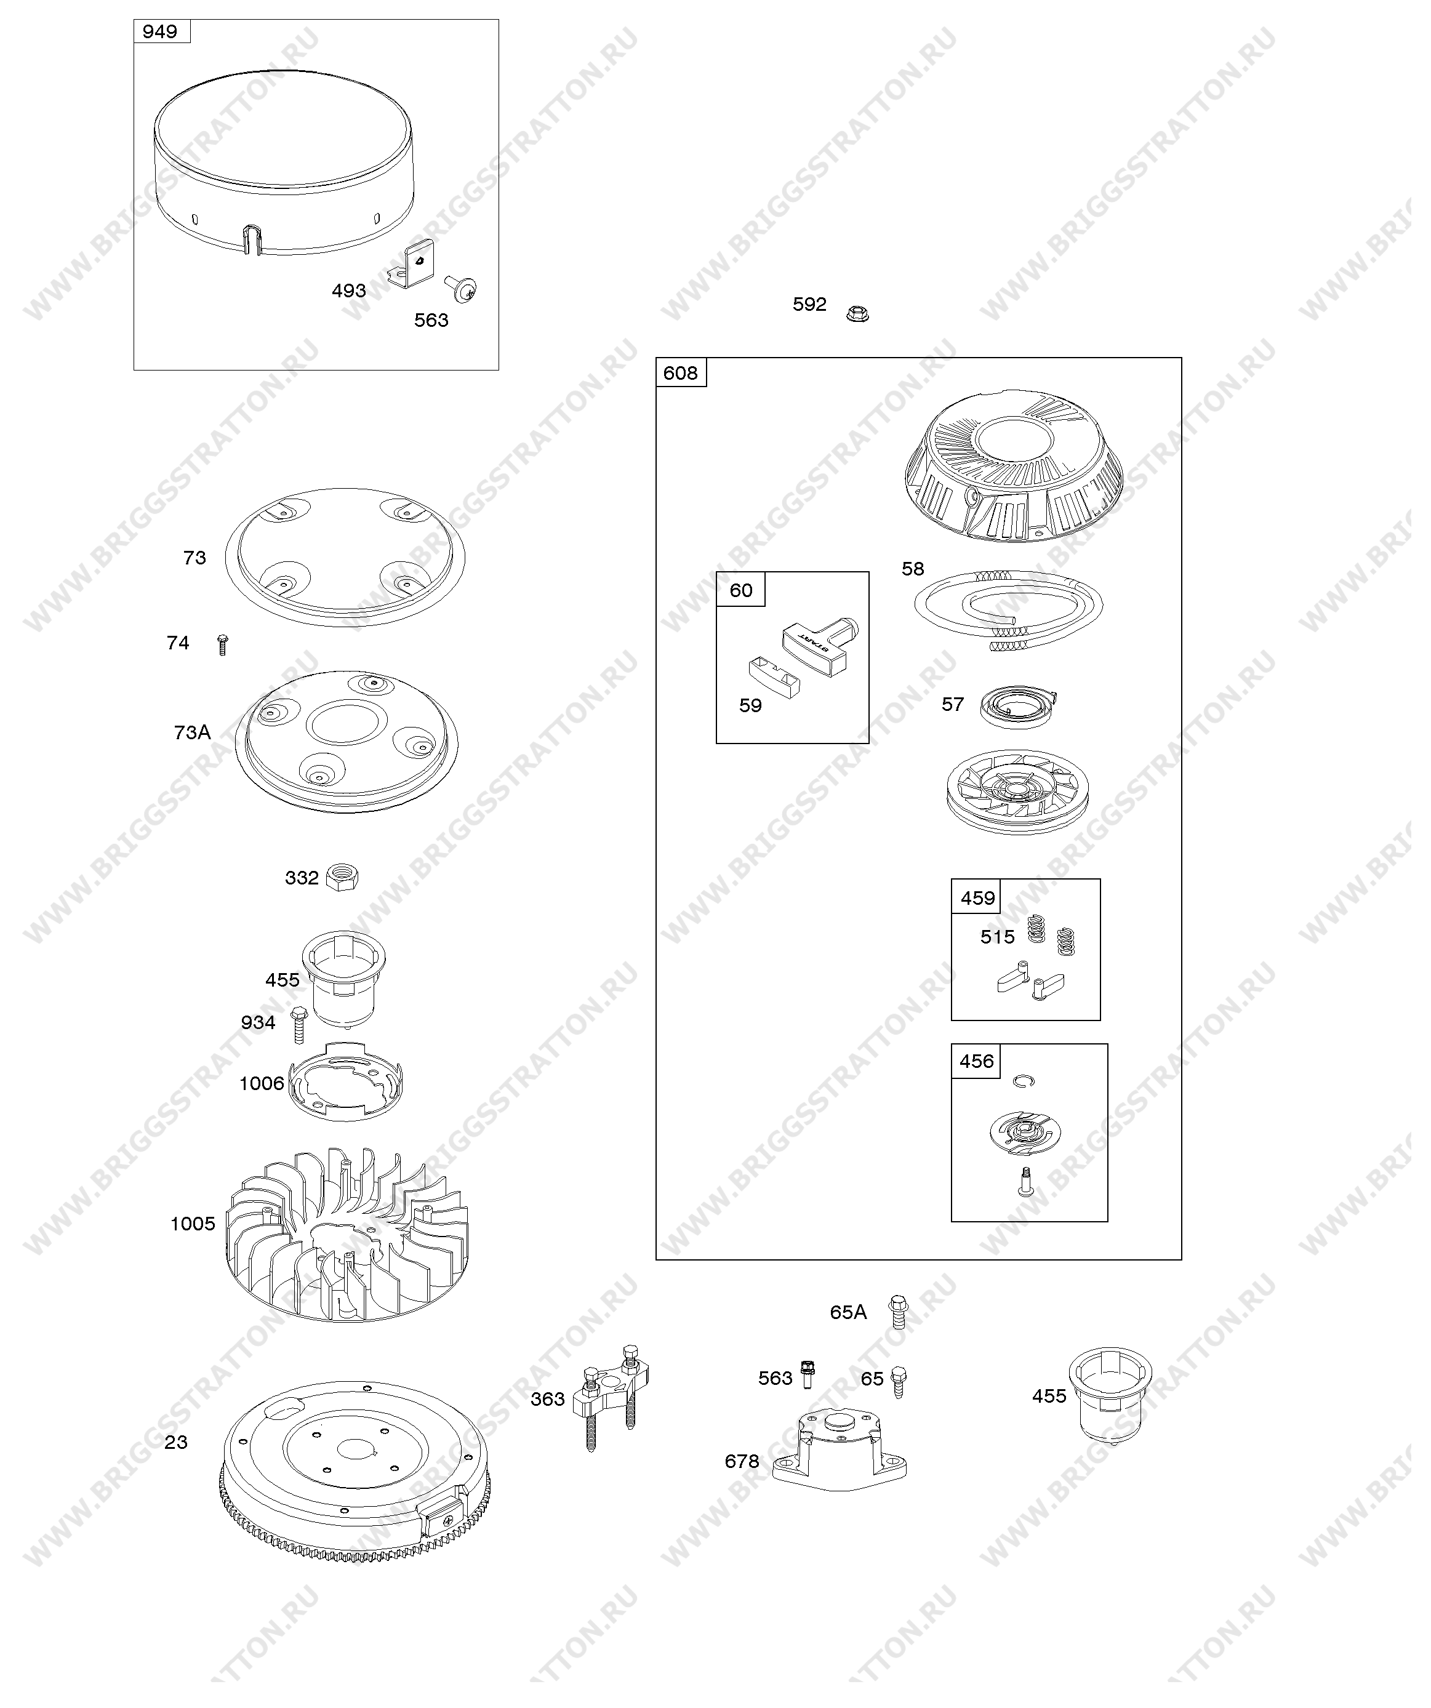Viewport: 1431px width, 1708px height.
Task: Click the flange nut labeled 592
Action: click(x=857, y=313)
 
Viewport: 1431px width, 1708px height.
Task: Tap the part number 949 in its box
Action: click(x=159, y=32)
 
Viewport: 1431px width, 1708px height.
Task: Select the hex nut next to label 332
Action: click(x=342, y=878)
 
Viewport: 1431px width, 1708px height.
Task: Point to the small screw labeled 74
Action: click(x=223, y=645)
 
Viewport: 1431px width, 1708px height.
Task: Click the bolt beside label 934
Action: click(x=299, y=1025)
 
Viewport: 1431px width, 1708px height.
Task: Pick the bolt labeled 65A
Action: click(x=897, y=1311)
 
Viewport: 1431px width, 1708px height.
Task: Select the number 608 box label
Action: click(x=681, y=374)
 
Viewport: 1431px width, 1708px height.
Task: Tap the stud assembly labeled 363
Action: click(x=610, y=1397)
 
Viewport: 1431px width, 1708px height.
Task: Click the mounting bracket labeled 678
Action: click(x=840, y=1453)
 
